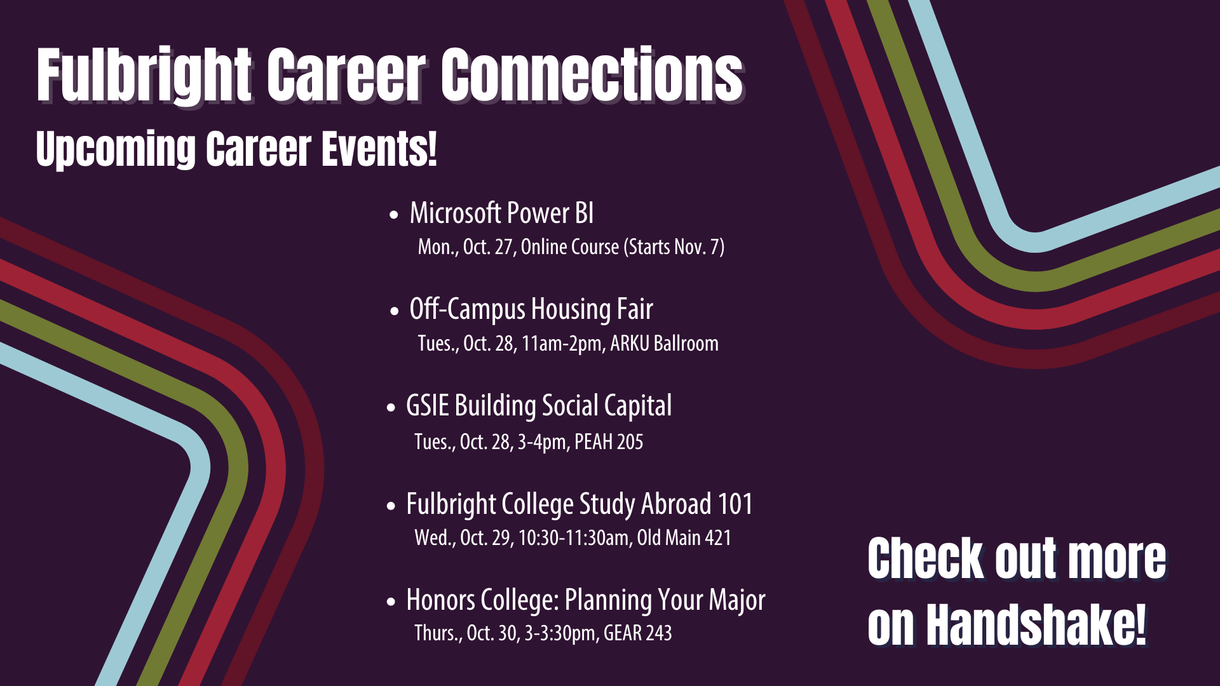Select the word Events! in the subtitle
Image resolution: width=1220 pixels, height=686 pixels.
point(379,149)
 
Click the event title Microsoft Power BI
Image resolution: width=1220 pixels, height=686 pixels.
point(502,213)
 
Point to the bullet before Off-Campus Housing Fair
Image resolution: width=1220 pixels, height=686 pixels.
point(395,311)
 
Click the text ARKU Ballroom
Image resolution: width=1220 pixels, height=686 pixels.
point(665,344)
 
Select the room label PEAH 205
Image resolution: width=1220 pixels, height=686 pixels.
point(609,441)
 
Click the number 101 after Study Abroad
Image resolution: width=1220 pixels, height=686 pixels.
point(735,504)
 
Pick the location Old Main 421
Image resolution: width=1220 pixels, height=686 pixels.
point(684,538)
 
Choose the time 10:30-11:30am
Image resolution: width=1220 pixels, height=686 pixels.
point(574,538)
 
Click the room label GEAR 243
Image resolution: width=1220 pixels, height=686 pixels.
point(638,633)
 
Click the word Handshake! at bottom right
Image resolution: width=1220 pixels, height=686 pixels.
point(1036,625)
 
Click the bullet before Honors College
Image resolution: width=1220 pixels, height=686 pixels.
point(391,601)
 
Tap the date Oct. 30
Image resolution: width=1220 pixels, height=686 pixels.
point(492,633)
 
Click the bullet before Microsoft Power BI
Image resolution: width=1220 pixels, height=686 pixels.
point(395,215)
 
